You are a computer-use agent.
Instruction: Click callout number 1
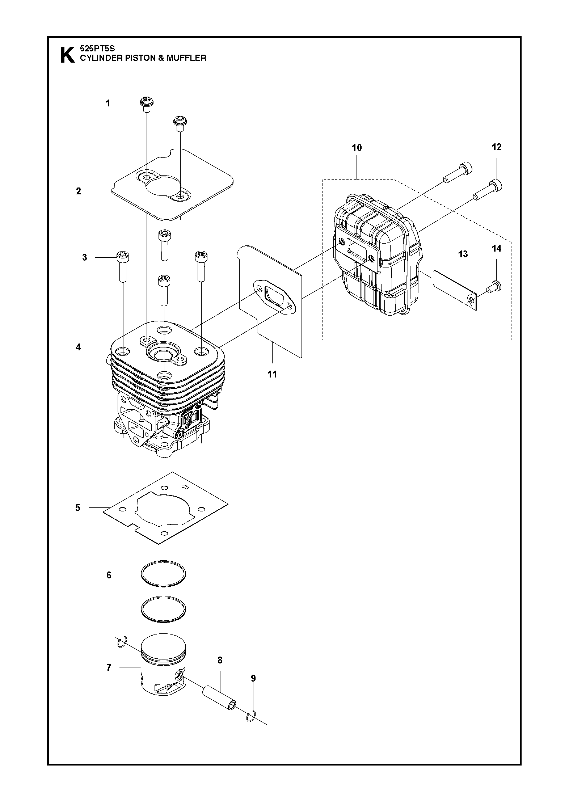108,104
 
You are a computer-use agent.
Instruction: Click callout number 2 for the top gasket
79,191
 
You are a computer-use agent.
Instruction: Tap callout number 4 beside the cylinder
79,347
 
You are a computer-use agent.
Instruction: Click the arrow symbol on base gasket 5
185,487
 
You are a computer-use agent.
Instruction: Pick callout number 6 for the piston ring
109,575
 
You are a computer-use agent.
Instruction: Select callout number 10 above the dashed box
357,148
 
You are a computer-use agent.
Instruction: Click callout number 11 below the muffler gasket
272,374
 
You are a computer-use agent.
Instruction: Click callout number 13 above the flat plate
463,254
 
